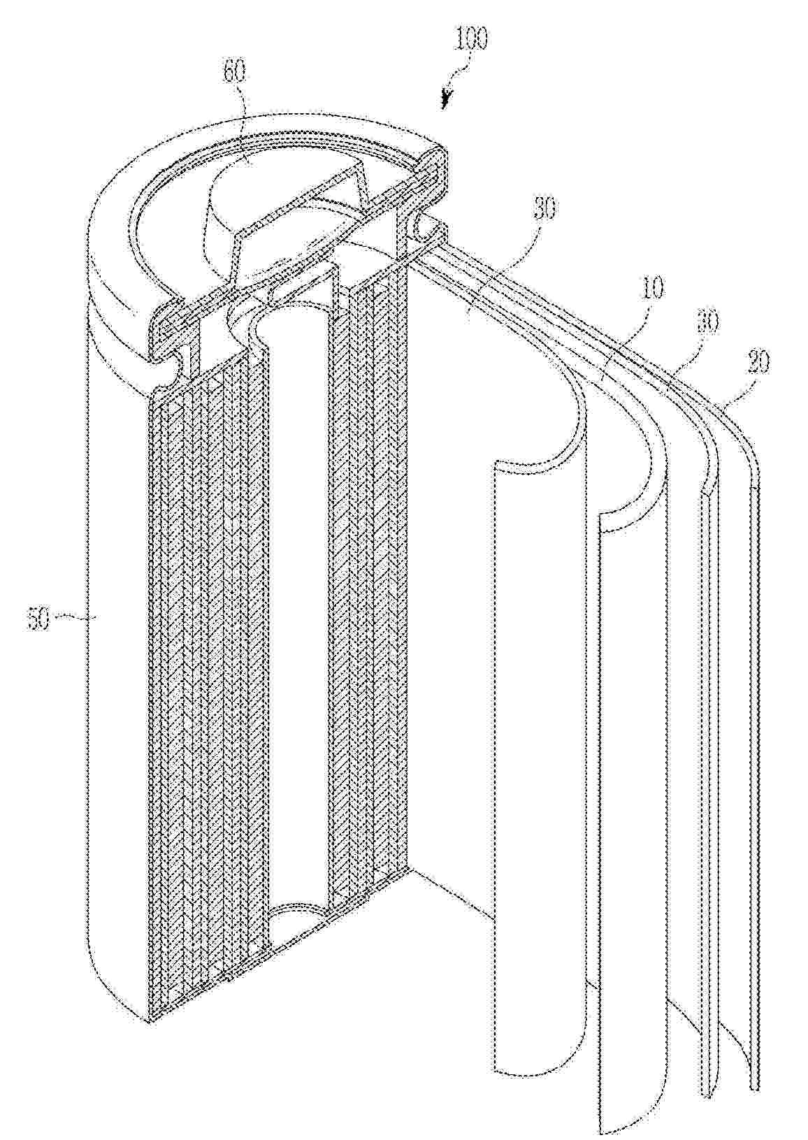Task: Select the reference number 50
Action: point(39,619)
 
